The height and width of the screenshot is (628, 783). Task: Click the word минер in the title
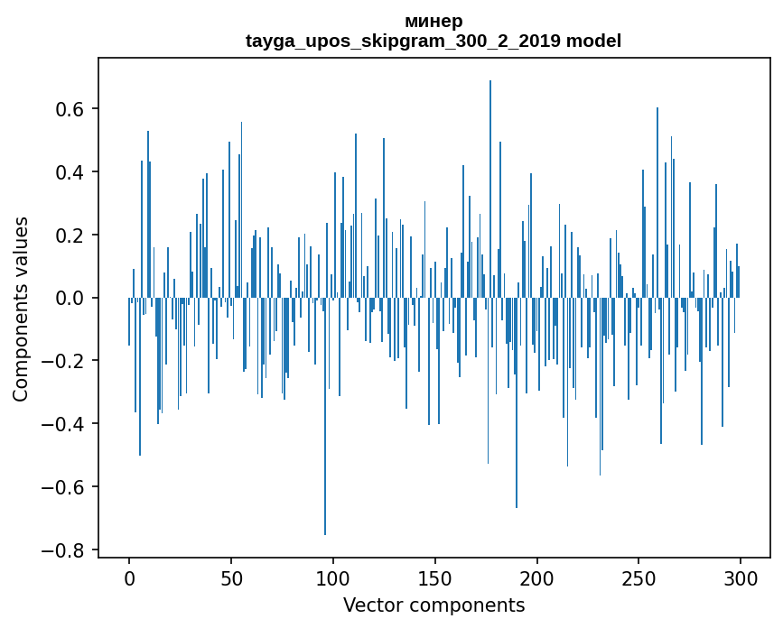[x=433, y=21]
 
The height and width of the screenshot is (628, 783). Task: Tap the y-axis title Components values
[x=21, y=309]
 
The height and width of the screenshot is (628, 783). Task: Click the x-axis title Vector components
[x=433, y=605]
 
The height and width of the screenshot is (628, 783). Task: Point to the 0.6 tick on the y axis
[x=71, y=109]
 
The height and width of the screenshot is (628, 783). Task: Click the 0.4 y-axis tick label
[x=71, y=172]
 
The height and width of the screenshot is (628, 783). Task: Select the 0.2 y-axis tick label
[x=71, y=235]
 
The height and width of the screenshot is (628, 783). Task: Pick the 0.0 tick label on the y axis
[x=71, y=298]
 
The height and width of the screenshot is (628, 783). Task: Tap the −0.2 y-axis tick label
[x=65, y=361]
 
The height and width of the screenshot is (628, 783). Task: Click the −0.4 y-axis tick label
[x=65, y=424]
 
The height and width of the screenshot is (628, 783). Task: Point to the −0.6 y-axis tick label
[x=65, y=487]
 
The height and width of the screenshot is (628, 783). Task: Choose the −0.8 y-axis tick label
[x=65, y=550]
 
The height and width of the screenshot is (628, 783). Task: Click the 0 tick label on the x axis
[x=129, y=577]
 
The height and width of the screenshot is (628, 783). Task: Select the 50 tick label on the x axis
[x=231, y=577]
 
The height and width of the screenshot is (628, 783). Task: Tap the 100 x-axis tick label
[x=333, y=577]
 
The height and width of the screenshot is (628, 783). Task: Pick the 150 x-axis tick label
[x=435, y=577]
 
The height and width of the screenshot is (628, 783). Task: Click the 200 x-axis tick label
[x=537, y=577]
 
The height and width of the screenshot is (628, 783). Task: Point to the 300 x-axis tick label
[x=741, y=577]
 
